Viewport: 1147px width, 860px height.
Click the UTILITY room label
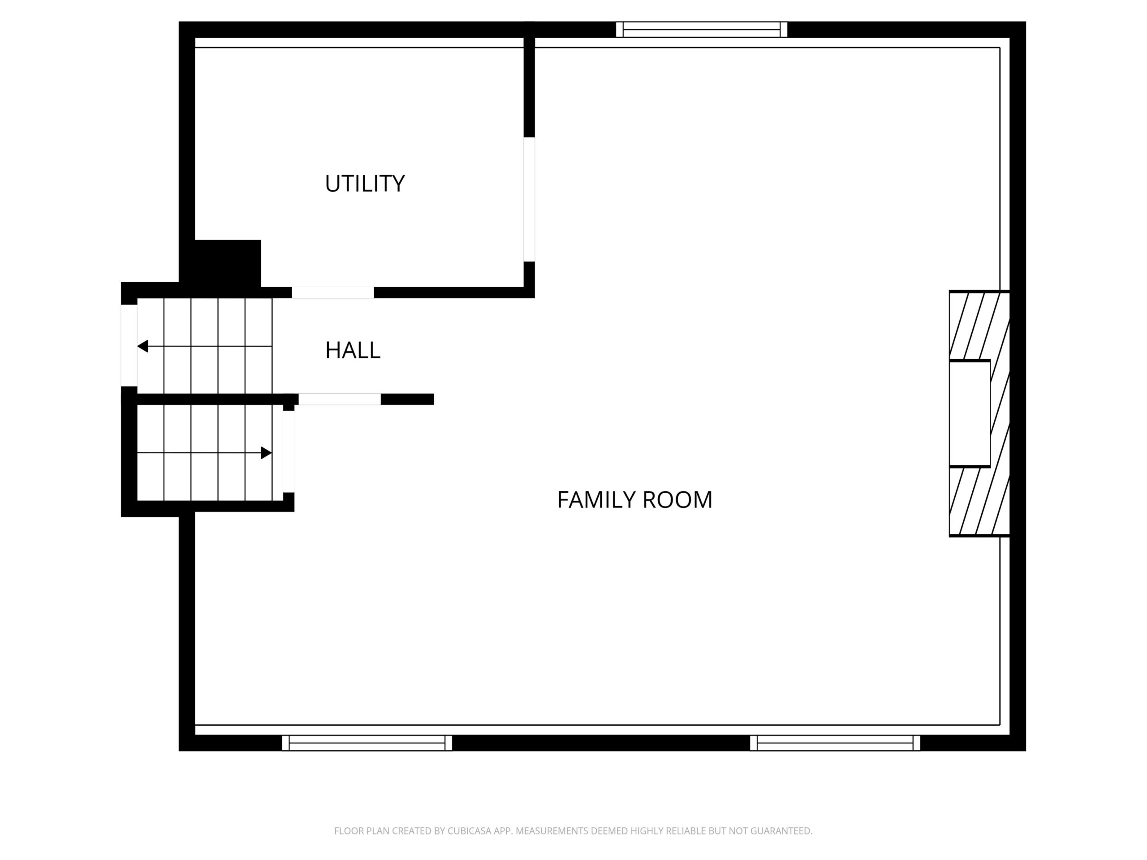(x=365, y=184)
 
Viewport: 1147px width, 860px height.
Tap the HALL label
(x=353, y=350)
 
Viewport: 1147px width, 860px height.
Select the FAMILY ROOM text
(x=635, y=500)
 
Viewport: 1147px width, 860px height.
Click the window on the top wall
(x=702, y=30)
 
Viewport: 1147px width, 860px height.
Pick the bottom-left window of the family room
(x=367, y=743)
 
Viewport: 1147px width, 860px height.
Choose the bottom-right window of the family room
(x=835, y=743)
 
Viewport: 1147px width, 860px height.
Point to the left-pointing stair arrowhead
(x=142, y=346)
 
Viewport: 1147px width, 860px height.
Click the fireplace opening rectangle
(x=970, y=414)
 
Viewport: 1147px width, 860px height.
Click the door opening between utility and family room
(x=529, y=200)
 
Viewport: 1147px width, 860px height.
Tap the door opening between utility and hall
(x=333, y=292)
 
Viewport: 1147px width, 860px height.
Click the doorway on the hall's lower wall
(x=340, y=399)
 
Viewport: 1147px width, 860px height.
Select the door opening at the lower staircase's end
(x=289, y=451)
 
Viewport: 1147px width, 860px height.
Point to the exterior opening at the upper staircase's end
(x=129, y=346)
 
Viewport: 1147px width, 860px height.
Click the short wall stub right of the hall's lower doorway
(x=407, y=399)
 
